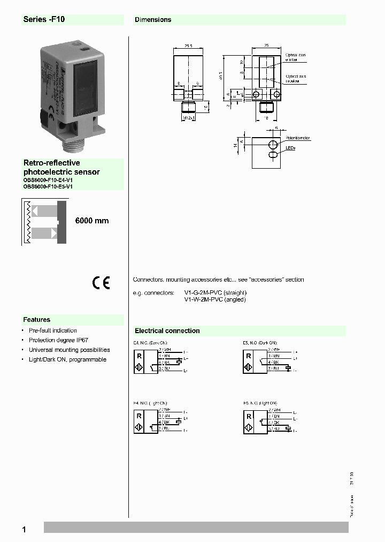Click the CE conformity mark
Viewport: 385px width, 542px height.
click(101, 283)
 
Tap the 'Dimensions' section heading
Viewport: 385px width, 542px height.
click(153, 19)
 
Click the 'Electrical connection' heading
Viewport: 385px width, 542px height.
click(167, 331)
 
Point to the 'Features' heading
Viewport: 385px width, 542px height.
click(36, 320)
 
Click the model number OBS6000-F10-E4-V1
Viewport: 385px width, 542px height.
click(48, 180)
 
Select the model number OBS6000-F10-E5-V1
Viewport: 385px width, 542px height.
click(48, 187)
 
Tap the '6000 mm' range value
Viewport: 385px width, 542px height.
click(91, 221)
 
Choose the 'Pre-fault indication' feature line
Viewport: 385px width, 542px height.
click(52, 330)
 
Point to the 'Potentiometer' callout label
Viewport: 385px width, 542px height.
click(297, 138)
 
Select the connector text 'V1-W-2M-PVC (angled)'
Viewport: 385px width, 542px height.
click(215, 300)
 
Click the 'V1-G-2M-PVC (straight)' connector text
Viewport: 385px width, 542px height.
click(215, 293)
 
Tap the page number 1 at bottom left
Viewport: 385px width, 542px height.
click(24, 530)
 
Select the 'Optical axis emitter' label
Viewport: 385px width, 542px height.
click(295, 57)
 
